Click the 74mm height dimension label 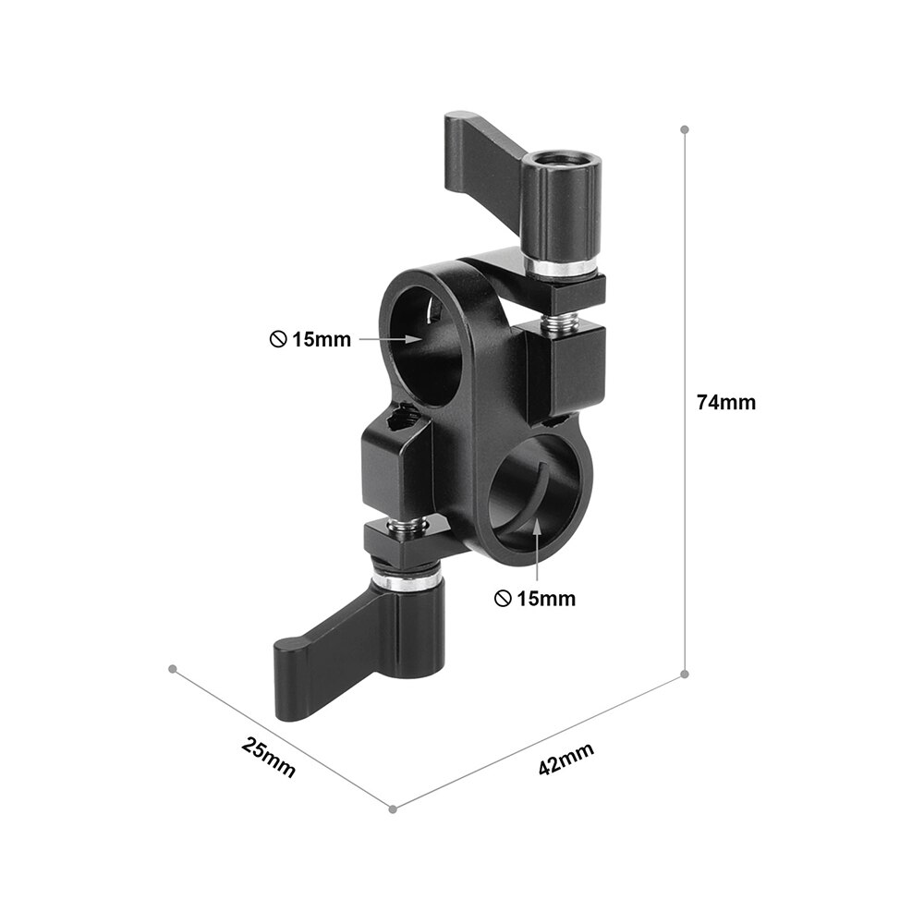725,403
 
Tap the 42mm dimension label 565,760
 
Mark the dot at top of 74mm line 684,129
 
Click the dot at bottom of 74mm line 684,674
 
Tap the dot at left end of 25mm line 172,667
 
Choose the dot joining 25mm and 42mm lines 393,808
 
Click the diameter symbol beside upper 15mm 277,339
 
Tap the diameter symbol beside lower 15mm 502,599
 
